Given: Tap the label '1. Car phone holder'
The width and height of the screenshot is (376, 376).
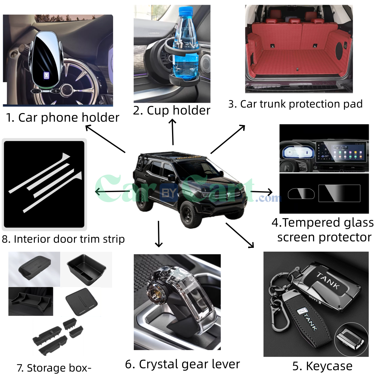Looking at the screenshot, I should click(x=63, y=118).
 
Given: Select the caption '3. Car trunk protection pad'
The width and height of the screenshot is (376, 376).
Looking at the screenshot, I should click(x=295, y=104).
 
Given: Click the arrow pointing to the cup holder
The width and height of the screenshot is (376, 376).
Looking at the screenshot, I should click(x=173, y=132).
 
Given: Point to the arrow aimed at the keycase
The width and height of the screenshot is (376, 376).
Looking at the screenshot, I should click(x=240, y=235).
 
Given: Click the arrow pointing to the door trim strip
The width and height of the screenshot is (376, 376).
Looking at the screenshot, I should click(x=111, y=191).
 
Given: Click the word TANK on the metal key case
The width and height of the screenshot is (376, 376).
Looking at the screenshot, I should click(x=328, y=281).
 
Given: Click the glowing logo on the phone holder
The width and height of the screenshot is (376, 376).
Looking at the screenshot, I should click(x=46, y=76).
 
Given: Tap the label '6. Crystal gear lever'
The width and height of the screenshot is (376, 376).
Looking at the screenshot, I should click(x=182, y=364).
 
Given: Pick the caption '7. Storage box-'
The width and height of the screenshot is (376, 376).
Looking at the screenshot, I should click(x=54, y=368).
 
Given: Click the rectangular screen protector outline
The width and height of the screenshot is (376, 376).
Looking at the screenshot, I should click(x=339, y=193).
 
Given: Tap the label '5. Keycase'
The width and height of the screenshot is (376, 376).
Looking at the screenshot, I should click(x=322, y=366).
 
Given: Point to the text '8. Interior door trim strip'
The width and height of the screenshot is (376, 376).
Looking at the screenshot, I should click(x=63, y=239).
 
